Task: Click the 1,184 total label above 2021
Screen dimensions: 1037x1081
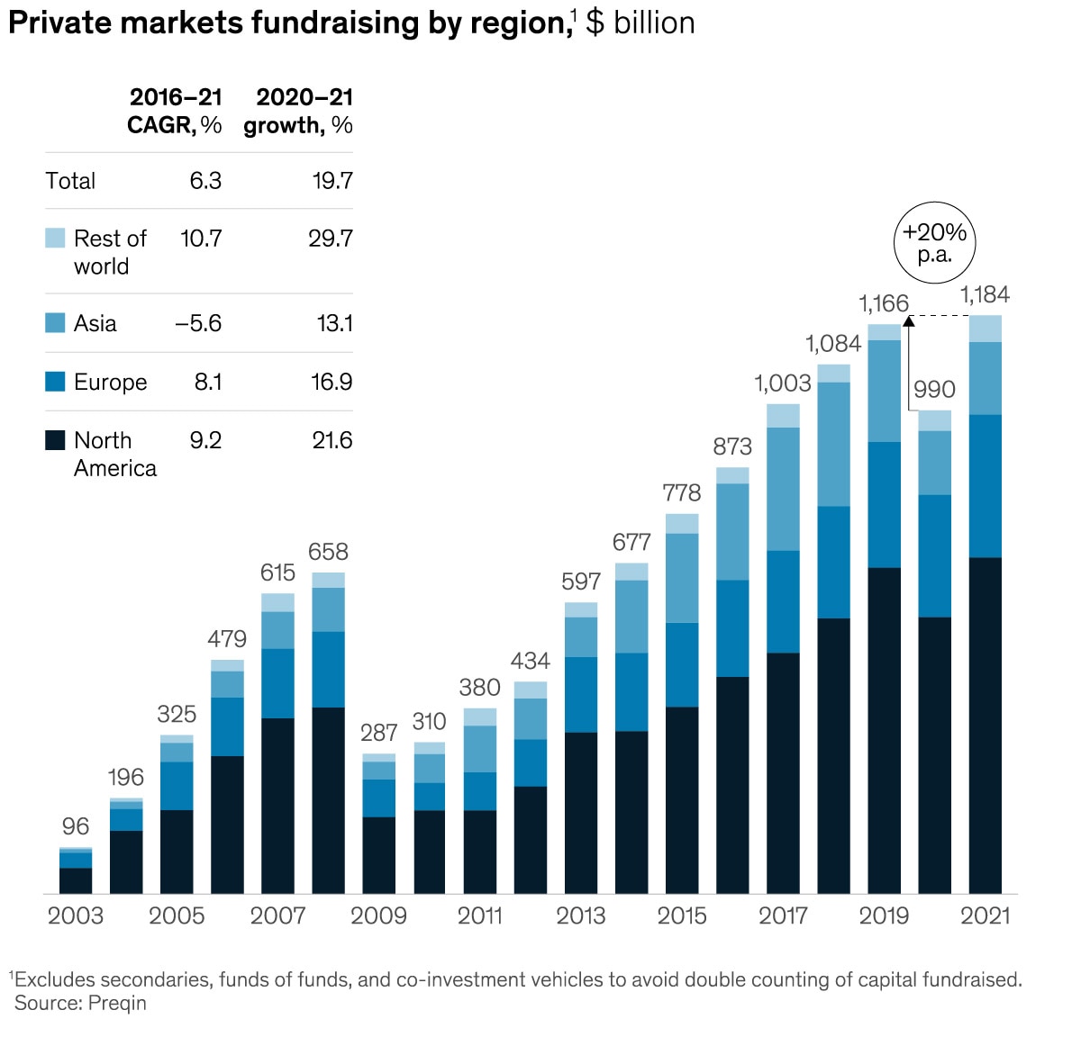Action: (985, 295)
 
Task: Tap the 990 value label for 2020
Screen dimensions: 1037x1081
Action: (934, 390)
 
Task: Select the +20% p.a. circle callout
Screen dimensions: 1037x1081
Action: (934, 243)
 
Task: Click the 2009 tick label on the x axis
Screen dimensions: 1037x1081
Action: (378, 916)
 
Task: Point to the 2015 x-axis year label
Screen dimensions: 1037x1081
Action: (682, 916)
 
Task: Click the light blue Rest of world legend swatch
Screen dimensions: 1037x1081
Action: (55, 238)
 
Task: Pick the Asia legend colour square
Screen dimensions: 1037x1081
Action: (55, 323)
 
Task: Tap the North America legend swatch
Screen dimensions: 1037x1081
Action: (55, 440)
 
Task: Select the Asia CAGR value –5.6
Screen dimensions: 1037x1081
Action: (198, 324)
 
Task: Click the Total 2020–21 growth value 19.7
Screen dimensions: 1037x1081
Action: (332, 181)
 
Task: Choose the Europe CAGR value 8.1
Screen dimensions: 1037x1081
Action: (208, 383)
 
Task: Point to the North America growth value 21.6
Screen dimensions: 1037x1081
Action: (332, 441)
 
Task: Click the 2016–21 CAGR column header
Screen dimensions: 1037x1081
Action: (176, 111)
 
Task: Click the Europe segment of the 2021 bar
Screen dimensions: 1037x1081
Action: (985, 486)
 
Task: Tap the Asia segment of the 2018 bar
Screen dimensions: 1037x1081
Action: (833, 444)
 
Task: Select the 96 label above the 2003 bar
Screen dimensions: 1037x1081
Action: (76, 826)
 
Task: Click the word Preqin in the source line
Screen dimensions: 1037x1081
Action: (117, 1004)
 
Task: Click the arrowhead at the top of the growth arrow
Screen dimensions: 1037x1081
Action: (909, 320)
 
